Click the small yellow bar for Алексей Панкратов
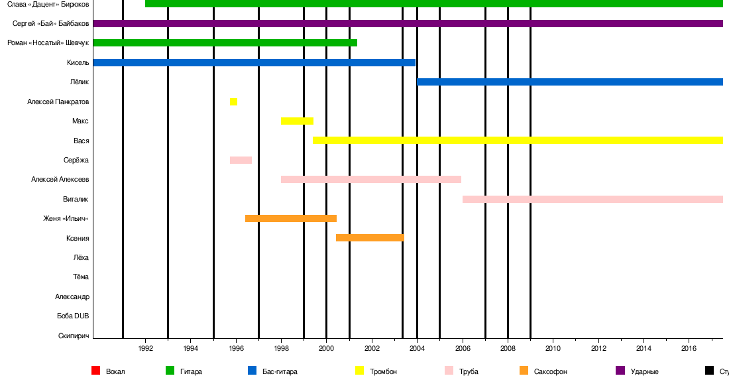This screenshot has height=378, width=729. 233,101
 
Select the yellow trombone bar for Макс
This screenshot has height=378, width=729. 297,121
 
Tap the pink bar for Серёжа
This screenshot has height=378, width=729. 241,160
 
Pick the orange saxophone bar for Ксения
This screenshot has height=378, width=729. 370,237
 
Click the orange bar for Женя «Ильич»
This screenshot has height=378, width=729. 291,218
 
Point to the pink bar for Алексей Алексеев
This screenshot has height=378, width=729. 371,179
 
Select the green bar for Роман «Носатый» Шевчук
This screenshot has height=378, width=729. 225,43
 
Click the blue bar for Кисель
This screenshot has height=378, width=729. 254,62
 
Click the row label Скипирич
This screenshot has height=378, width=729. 74,336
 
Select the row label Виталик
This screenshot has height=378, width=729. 76,199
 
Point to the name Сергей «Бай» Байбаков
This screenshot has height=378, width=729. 51,24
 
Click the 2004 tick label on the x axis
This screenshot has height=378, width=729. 417,348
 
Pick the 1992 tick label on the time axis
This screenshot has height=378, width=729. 146,348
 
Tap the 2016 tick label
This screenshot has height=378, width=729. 689,348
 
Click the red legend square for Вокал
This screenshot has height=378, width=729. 95,371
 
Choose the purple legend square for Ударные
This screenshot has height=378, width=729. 620,371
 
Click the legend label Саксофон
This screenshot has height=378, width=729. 550,371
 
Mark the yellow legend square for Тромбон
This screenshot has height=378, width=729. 360,371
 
